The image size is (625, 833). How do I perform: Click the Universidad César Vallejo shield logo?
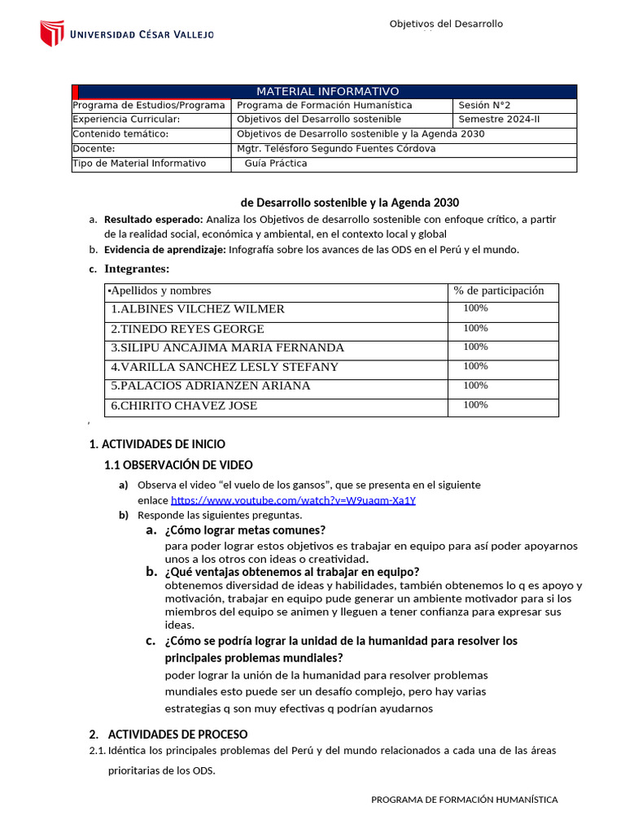click(52, 33)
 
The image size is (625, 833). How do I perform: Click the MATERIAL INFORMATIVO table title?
click(328, 91)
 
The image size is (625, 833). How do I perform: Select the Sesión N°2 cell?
click(484, 105)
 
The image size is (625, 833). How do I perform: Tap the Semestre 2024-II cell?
click(499, 120)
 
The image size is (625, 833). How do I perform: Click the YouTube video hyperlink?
click(293, 500)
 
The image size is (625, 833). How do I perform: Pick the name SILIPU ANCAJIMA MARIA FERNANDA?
click(227, 347)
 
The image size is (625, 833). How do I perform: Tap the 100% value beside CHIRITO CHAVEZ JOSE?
click(475, 405)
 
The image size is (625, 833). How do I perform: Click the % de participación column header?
click(499, 290)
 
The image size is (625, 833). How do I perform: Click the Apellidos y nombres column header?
click(160, 290)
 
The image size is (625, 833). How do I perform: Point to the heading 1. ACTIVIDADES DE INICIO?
click(157, 444)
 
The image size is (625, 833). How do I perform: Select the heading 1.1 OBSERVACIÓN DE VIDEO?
click(178, 465)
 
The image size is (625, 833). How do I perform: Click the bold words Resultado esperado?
click(154, 220)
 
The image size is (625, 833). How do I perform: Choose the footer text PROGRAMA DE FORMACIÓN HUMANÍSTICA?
click(464, 800)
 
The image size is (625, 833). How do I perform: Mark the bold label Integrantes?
click(137, 269)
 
